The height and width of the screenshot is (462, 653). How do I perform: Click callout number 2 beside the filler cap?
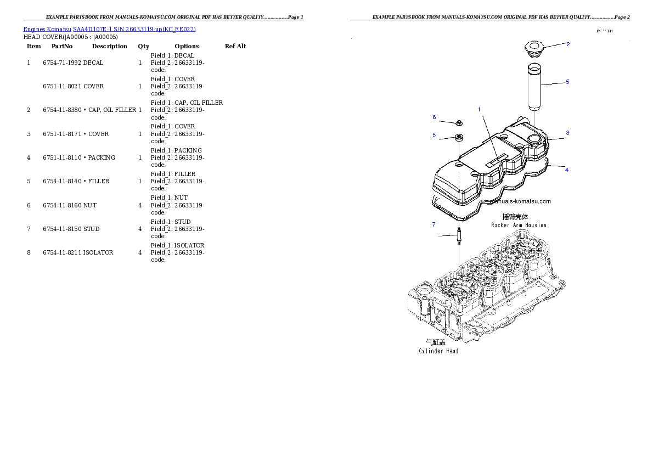(568, 44)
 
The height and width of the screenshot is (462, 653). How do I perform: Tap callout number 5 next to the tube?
(567, 82)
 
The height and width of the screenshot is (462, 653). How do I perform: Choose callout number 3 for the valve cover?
(567, 133)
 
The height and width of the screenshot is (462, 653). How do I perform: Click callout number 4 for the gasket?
(567, 170)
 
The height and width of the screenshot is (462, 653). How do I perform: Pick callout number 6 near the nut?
(434, 117)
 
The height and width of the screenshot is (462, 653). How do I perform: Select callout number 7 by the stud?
(434, 224)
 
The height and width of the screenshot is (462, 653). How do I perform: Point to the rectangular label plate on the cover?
(495, 160)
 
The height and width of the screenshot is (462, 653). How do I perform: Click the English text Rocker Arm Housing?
(519, 226)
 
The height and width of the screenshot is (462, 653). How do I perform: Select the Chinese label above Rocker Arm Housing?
(516, 217)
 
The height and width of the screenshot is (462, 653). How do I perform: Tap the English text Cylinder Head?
(438, 351)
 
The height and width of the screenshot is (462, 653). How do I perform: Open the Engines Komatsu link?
(47, 29)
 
